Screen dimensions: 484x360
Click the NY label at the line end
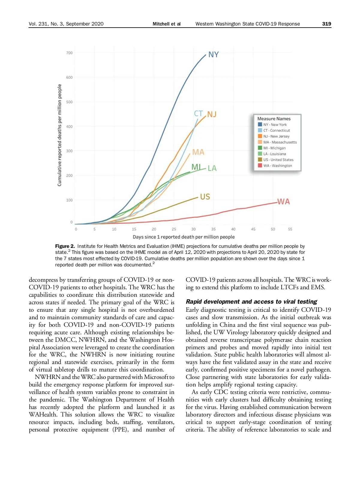click(x=213, y=55)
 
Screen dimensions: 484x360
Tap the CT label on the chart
click(x=198, y=113)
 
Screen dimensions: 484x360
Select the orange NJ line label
click(x=212, y=114)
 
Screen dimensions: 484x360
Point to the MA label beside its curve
click(x=198, y=152)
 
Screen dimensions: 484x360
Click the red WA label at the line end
click(x=283, y=202)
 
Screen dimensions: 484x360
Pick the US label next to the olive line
click(x=205, y=197)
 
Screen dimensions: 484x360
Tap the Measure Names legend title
click(x=274, y=119)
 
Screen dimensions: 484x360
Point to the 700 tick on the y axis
click(x=69, y=53)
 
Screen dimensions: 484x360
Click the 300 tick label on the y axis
click(x=69, y=151)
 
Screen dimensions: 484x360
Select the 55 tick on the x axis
click(x=290, y=229)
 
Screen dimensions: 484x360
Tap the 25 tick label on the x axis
click(x=174, y=229)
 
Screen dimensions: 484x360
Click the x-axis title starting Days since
click(x=184, y=237)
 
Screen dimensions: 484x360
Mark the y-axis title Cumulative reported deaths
click(x=59, y=135)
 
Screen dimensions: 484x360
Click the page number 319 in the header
click(x=326, y=24)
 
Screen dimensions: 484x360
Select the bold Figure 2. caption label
click(x=65, y=246)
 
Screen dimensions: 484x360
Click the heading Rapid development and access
click(x=251, y=302)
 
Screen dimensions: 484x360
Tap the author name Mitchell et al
click(x=166, y=24)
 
